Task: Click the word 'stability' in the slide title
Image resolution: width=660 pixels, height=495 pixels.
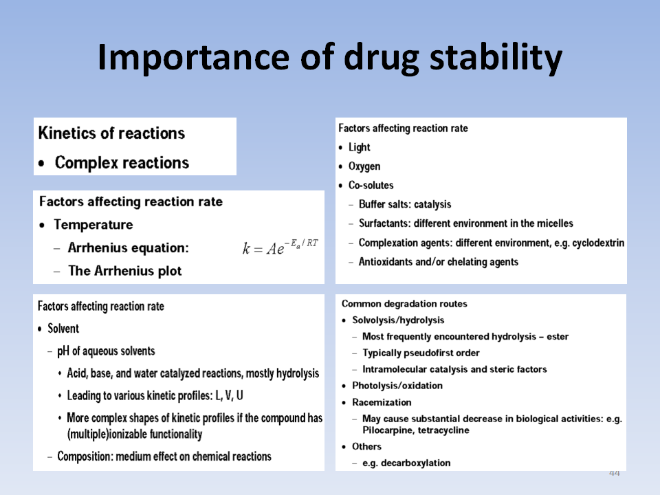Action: pos(496,58)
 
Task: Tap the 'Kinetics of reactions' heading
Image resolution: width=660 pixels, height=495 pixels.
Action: pos(111,133)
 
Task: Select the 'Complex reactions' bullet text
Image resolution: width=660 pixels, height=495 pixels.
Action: pos(122,163)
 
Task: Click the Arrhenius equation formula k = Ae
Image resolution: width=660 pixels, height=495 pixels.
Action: pos(280,247)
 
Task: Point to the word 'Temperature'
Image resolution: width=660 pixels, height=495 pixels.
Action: pos(93,225)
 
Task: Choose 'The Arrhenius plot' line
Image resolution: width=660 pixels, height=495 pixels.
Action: pos(125,271)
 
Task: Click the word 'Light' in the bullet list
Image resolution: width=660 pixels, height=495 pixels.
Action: pos(360,147)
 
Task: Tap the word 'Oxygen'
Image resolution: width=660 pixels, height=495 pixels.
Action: pos(364,166)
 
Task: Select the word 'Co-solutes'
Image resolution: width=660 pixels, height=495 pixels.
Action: pos(371,185)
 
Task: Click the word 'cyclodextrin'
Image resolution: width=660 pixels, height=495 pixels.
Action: pos(598,243)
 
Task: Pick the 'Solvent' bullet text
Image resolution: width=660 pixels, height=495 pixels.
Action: pos(63,329)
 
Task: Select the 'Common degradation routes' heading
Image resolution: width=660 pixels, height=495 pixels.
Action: pos(404,304)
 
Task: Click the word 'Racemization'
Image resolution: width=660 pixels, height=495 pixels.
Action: pos(382,402)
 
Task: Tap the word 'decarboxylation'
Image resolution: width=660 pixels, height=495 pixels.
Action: pos(415,463)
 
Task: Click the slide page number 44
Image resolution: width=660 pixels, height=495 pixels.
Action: pos(615,473)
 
